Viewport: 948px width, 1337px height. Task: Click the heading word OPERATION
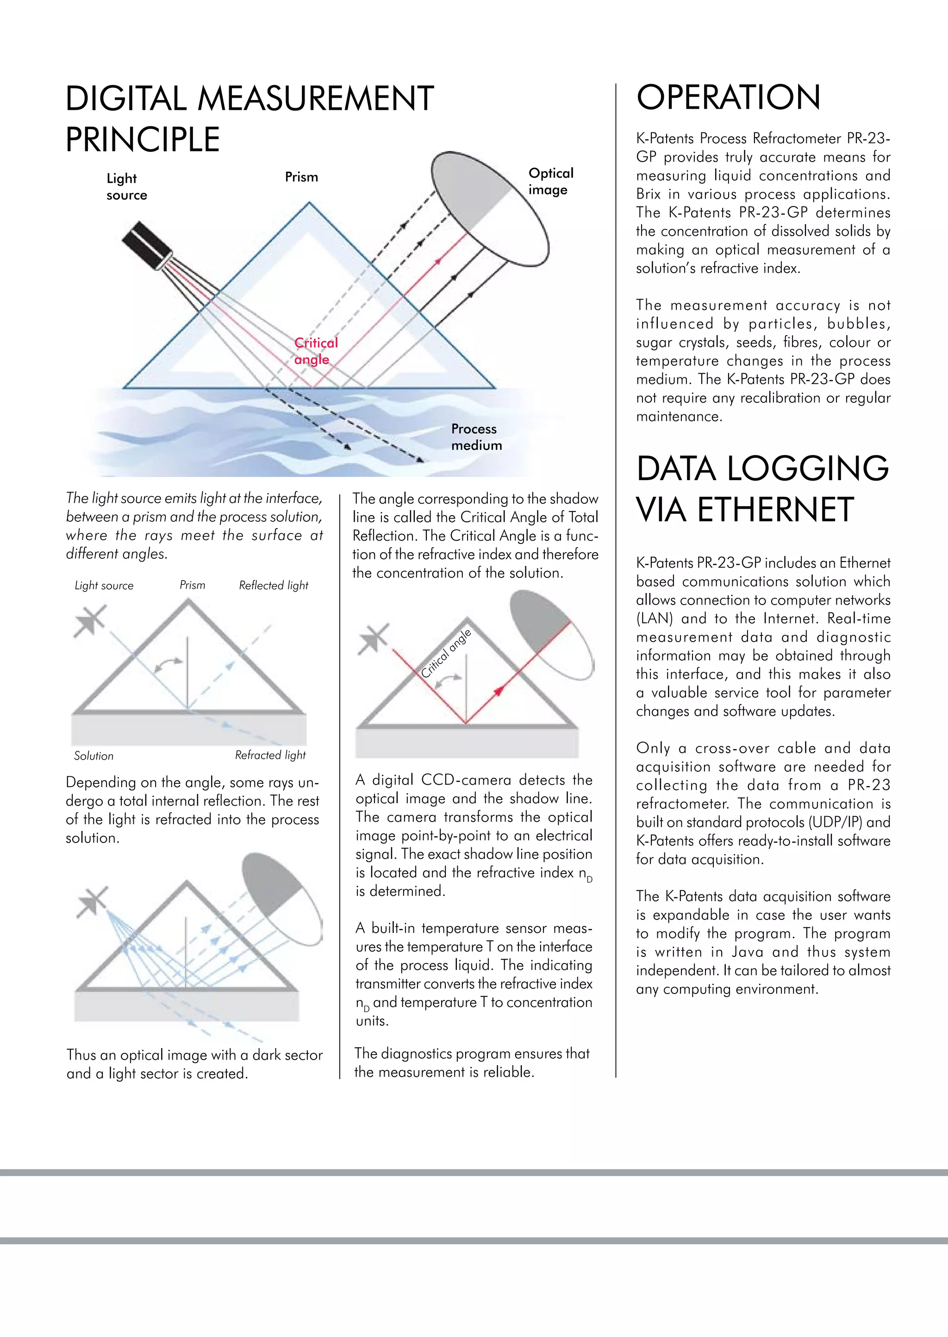pos(728,98)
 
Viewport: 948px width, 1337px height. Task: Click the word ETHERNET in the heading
pos(775,510)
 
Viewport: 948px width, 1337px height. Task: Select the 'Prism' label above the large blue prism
pos(301,177)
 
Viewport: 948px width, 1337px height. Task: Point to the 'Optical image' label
pos(550,181)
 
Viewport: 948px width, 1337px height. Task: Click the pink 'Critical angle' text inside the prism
pos(315,351)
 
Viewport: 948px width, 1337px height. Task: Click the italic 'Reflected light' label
pos(273,585)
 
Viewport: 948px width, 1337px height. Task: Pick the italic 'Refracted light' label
pos(270,755)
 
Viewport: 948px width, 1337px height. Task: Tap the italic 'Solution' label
pos(94,756)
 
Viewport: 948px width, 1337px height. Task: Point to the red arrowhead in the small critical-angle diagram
pos(499,691)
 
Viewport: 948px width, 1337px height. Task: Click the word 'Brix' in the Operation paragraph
pos(648,194)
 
